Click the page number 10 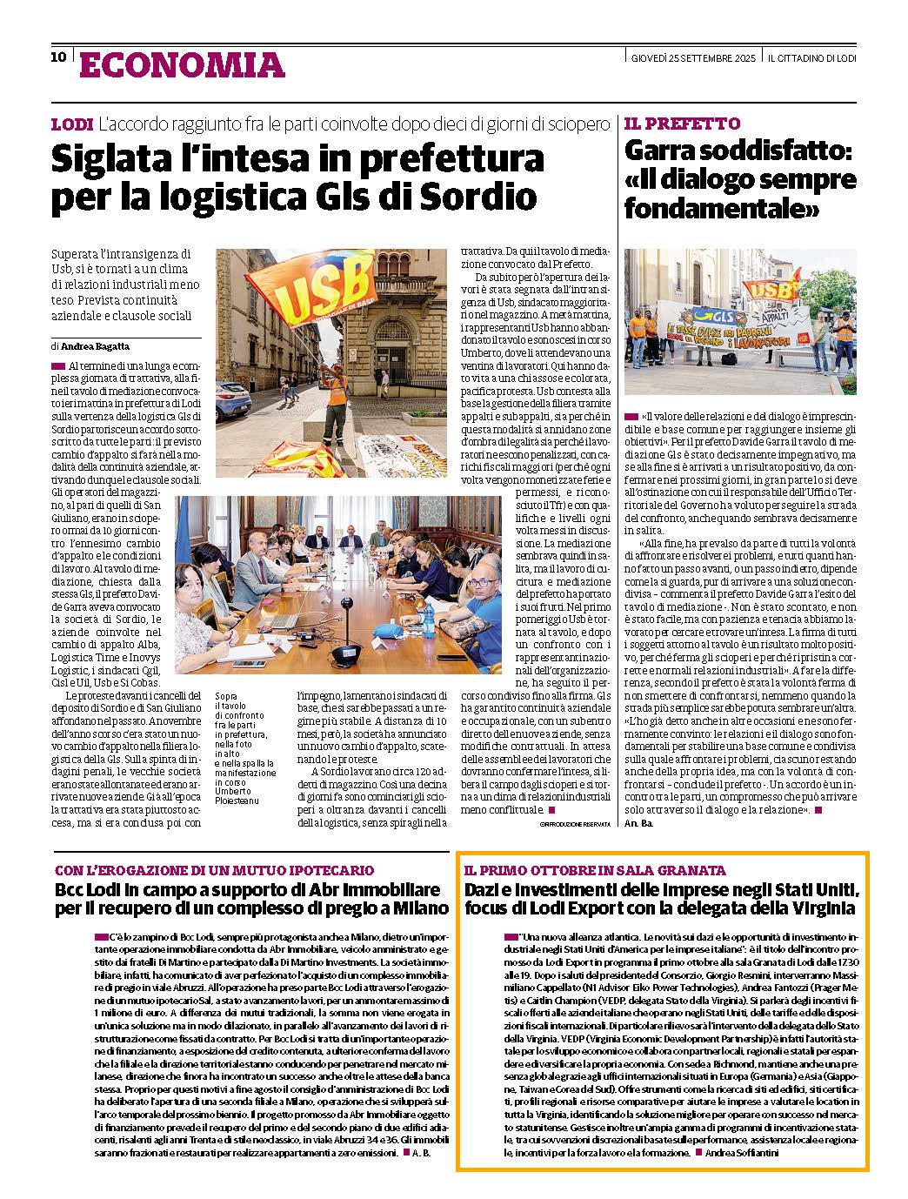58,57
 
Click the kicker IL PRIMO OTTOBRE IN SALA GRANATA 595,870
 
